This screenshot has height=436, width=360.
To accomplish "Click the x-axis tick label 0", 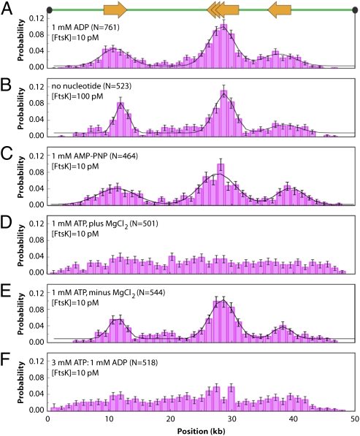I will click(x=47, y=419).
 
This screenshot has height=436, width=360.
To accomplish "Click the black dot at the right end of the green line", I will click(x=354, y=9).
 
